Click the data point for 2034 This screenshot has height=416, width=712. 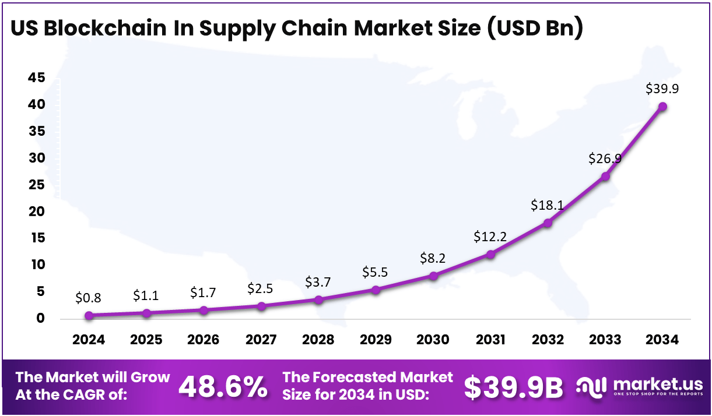click(662, 107)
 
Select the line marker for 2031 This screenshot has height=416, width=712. click(490, 255)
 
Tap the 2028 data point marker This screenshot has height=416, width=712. click(318, 300)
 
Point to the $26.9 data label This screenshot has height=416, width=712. click(605, 158)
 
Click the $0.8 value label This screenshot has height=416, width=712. click(89, 298)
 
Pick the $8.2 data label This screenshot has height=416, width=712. click(433, 258)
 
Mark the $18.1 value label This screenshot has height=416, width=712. click(547, 205)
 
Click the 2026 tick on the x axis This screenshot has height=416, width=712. click(204, 340)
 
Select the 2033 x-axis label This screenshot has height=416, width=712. click(605, 340)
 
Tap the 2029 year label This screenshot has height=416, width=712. click(376, 340)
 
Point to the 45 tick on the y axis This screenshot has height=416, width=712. click(36, 79)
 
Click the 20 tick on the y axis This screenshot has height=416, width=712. click(36, 211)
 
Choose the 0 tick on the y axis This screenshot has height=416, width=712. click(40, 318)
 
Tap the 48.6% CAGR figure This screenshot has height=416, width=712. click(223, 387)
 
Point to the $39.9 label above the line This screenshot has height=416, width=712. click(662, 89)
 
